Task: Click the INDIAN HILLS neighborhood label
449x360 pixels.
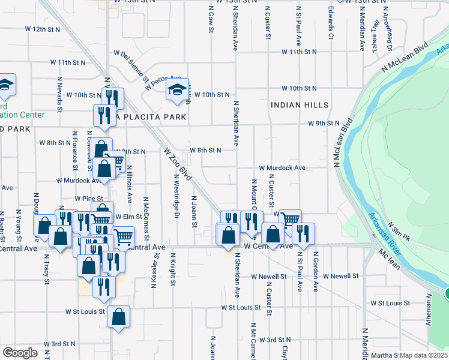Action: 300,105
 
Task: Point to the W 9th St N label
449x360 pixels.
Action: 324,124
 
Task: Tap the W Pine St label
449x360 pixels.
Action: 89,198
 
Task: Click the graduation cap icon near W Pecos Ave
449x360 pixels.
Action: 177,90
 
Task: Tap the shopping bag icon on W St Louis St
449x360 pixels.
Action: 119,316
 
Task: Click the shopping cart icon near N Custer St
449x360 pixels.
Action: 290,220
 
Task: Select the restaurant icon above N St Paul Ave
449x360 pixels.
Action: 304,233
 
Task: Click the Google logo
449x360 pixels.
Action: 19,353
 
